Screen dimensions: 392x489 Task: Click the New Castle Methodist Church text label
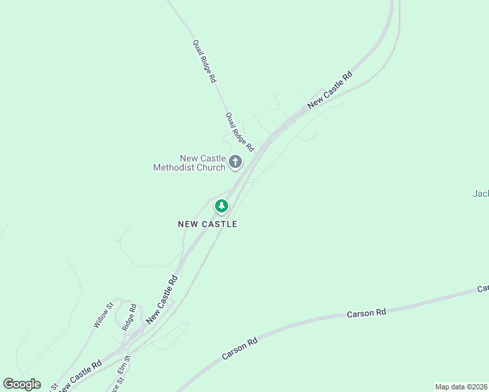[189, 163]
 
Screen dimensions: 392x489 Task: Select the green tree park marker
[222, 206]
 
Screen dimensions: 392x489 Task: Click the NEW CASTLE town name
[207, 224]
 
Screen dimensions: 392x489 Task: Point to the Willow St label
[103, 314]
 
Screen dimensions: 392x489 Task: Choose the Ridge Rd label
[129, 318]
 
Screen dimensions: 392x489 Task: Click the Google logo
[22, 384]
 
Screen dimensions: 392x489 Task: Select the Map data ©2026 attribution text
[462, 387]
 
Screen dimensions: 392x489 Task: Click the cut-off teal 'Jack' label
[481, 193]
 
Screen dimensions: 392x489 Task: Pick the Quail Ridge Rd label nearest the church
[239, 132]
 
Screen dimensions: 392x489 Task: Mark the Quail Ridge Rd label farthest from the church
[204, 61]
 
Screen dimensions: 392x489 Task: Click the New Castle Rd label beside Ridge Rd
[162, 299]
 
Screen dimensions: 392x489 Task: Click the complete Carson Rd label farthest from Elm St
[366, 314]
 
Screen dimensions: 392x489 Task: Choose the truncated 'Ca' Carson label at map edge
[482, 288]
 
